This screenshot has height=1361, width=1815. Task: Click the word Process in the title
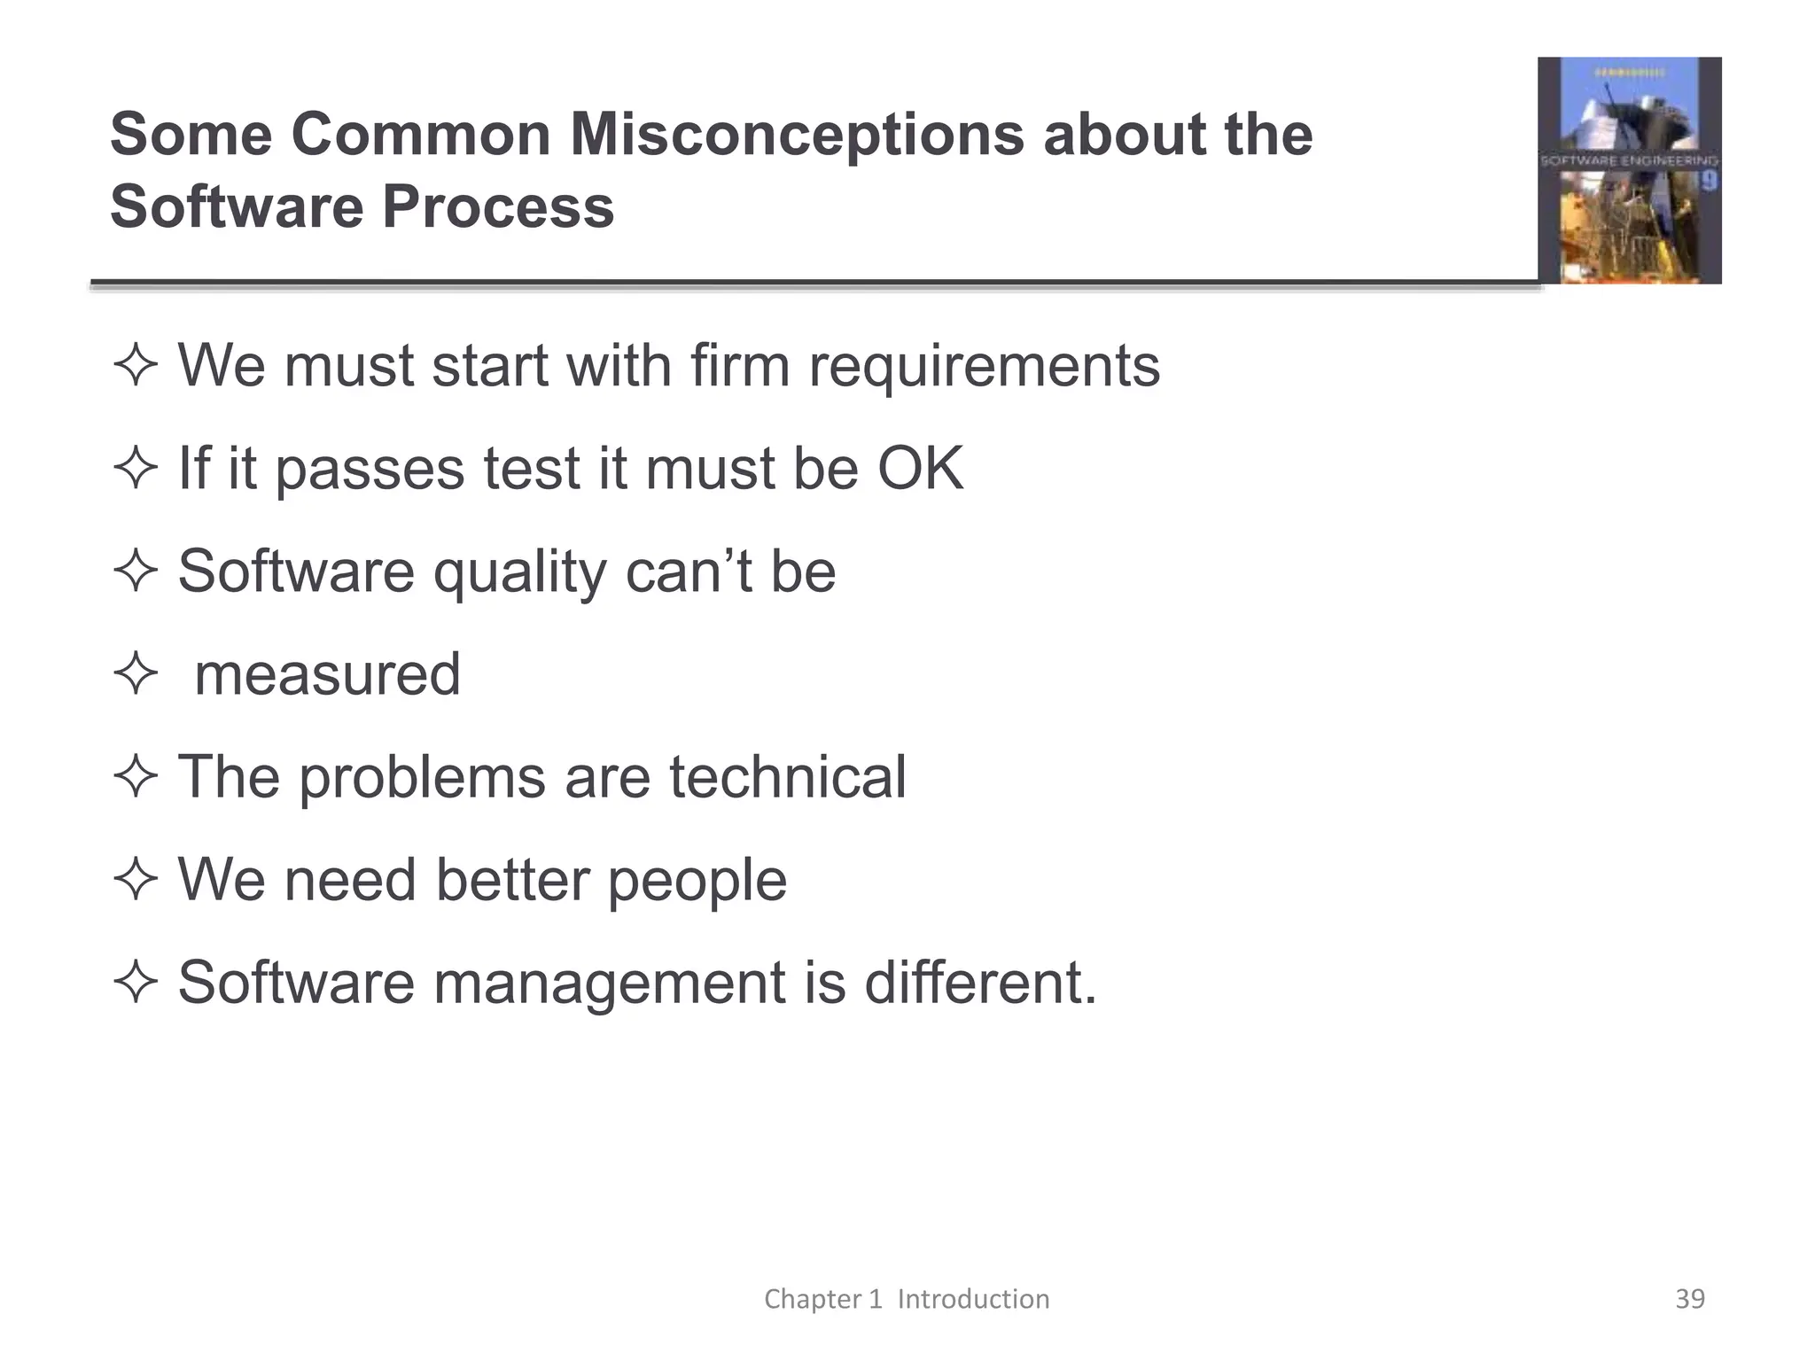click(497, 207)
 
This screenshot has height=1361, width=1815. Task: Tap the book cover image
click(1629, 170)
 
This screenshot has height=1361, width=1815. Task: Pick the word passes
click(370, 470)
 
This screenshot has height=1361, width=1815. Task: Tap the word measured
click(327, 674)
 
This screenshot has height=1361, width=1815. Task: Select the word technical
click(788, 777)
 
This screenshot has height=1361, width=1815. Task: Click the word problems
click(422, 779)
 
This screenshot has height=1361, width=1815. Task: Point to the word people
click(697, 882)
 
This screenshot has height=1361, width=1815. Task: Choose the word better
click(512, 880)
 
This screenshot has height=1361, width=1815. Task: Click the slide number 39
click(1690, 1299)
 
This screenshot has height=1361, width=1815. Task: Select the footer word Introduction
click(973, 1299)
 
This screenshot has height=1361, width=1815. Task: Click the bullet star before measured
click(136, 674)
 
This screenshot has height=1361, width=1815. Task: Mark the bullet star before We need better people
click(136, 880)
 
